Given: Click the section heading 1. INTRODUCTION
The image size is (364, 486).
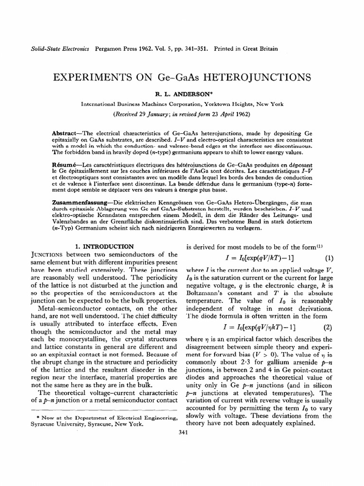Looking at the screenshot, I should (105, 246).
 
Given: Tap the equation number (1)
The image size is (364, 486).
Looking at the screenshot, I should (329, 259).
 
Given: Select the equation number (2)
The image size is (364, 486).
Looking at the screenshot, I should (328, 327).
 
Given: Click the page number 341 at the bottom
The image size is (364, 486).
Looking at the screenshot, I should (182, 431).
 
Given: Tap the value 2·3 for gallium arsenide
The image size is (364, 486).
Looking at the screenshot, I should (239, 361).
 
